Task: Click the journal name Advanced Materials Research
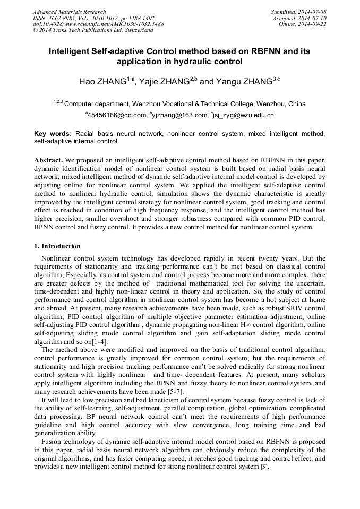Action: (x=69, y=12)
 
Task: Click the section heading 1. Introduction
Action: (x=57, y=246)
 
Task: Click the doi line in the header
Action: (x=98, y=24)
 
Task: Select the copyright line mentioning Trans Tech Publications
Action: (x=93, y=30)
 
